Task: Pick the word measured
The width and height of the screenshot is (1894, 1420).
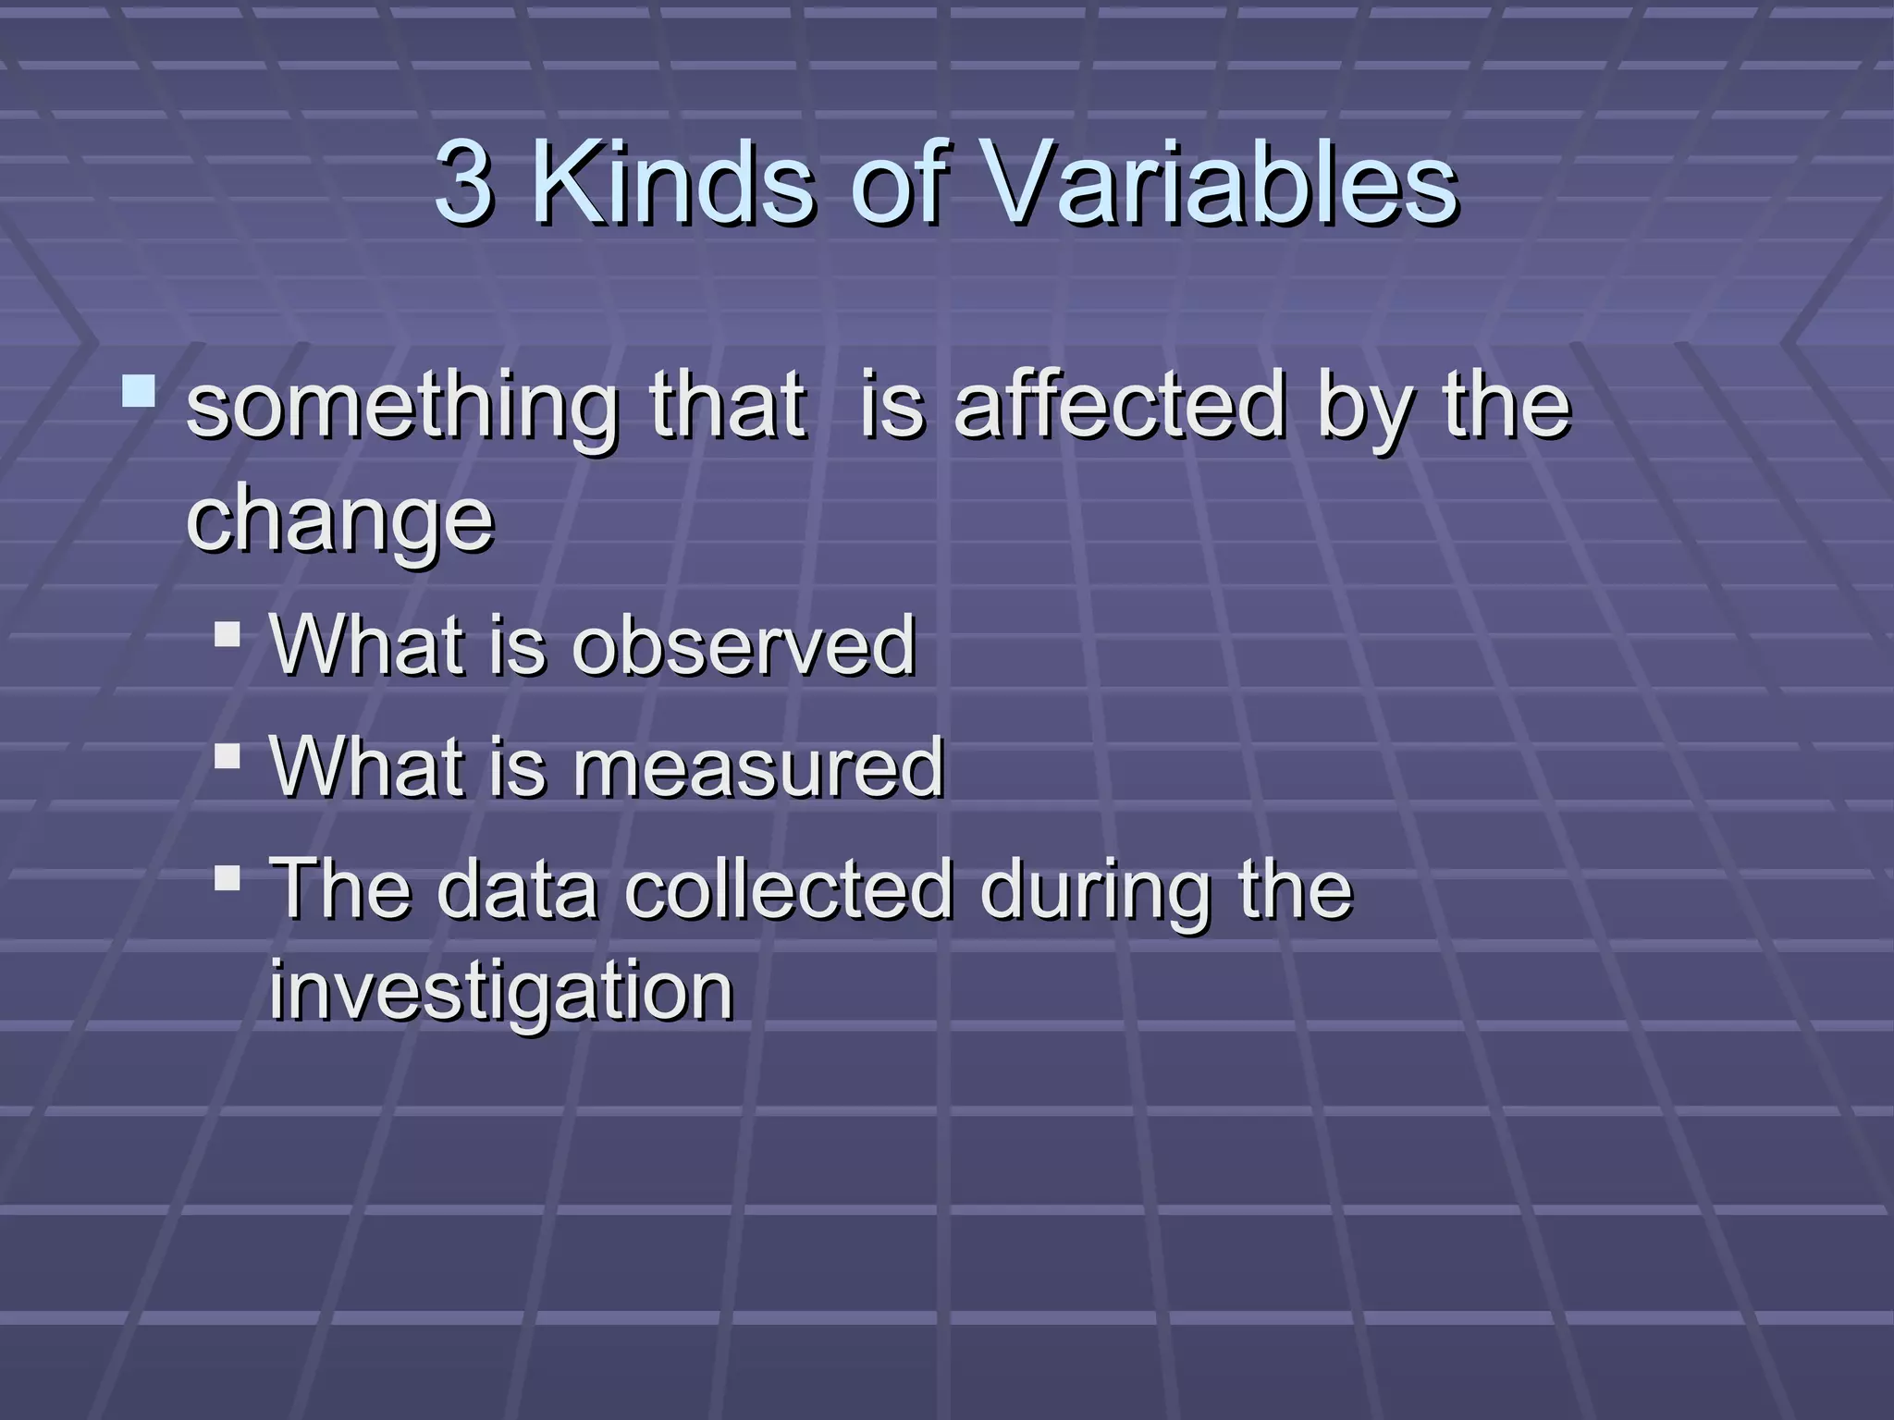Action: pos(758,767)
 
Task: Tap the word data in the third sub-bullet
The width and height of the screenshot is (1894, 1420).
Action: pos(517,889)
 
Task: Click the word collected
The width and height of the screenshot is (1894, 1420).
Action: pos(789,889)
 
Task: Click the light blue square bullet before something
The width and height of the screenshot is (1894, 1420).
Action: pos(139,391)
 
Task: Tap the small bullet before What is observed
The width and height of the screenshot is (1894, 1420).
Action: pos(227,634)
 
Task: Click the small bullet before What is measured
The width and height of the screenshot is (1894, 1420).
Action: pos(227,757)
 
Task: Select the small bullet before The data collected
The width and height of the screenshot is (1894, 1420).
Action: pos(227,877)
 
